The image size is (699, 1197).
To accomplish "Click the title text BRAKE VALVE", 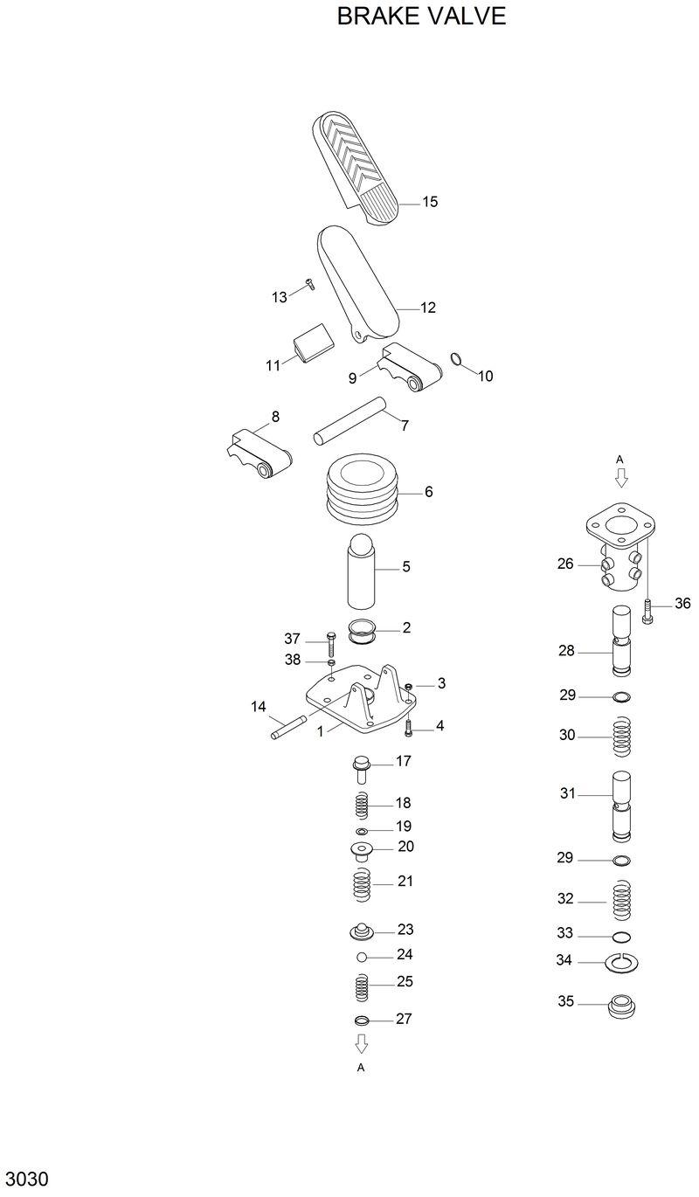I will pos(421,17).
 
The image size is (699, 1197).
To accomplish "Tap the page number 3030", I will pos(26,1178).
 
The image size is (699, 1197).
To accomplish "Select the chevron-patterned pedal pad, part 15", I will pos(353,165).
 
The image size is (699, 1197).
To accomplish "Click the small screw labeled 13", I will pos(308,282).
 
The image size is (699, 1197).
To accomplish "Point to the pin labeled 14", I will pos(288,727).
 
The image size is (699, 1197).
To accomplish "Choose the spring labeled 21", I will pos(362,884).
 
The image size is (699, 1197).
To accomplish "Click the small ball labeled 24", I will pos(361,957).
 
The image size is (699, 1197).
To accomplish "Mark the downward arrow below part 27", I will pos(361,1043).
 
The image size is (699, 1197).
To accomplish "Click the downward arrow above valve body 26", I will pos(621,477).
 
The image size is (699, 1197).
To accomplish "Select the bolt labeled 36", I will pos(648,609).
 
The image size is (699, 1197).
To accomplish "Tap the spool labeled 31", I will pos(621,803).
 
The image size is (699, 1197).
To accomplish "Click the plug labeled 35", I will pos(621,1004).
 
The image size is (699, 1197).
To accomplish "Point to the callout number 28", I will pos(567,651).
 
